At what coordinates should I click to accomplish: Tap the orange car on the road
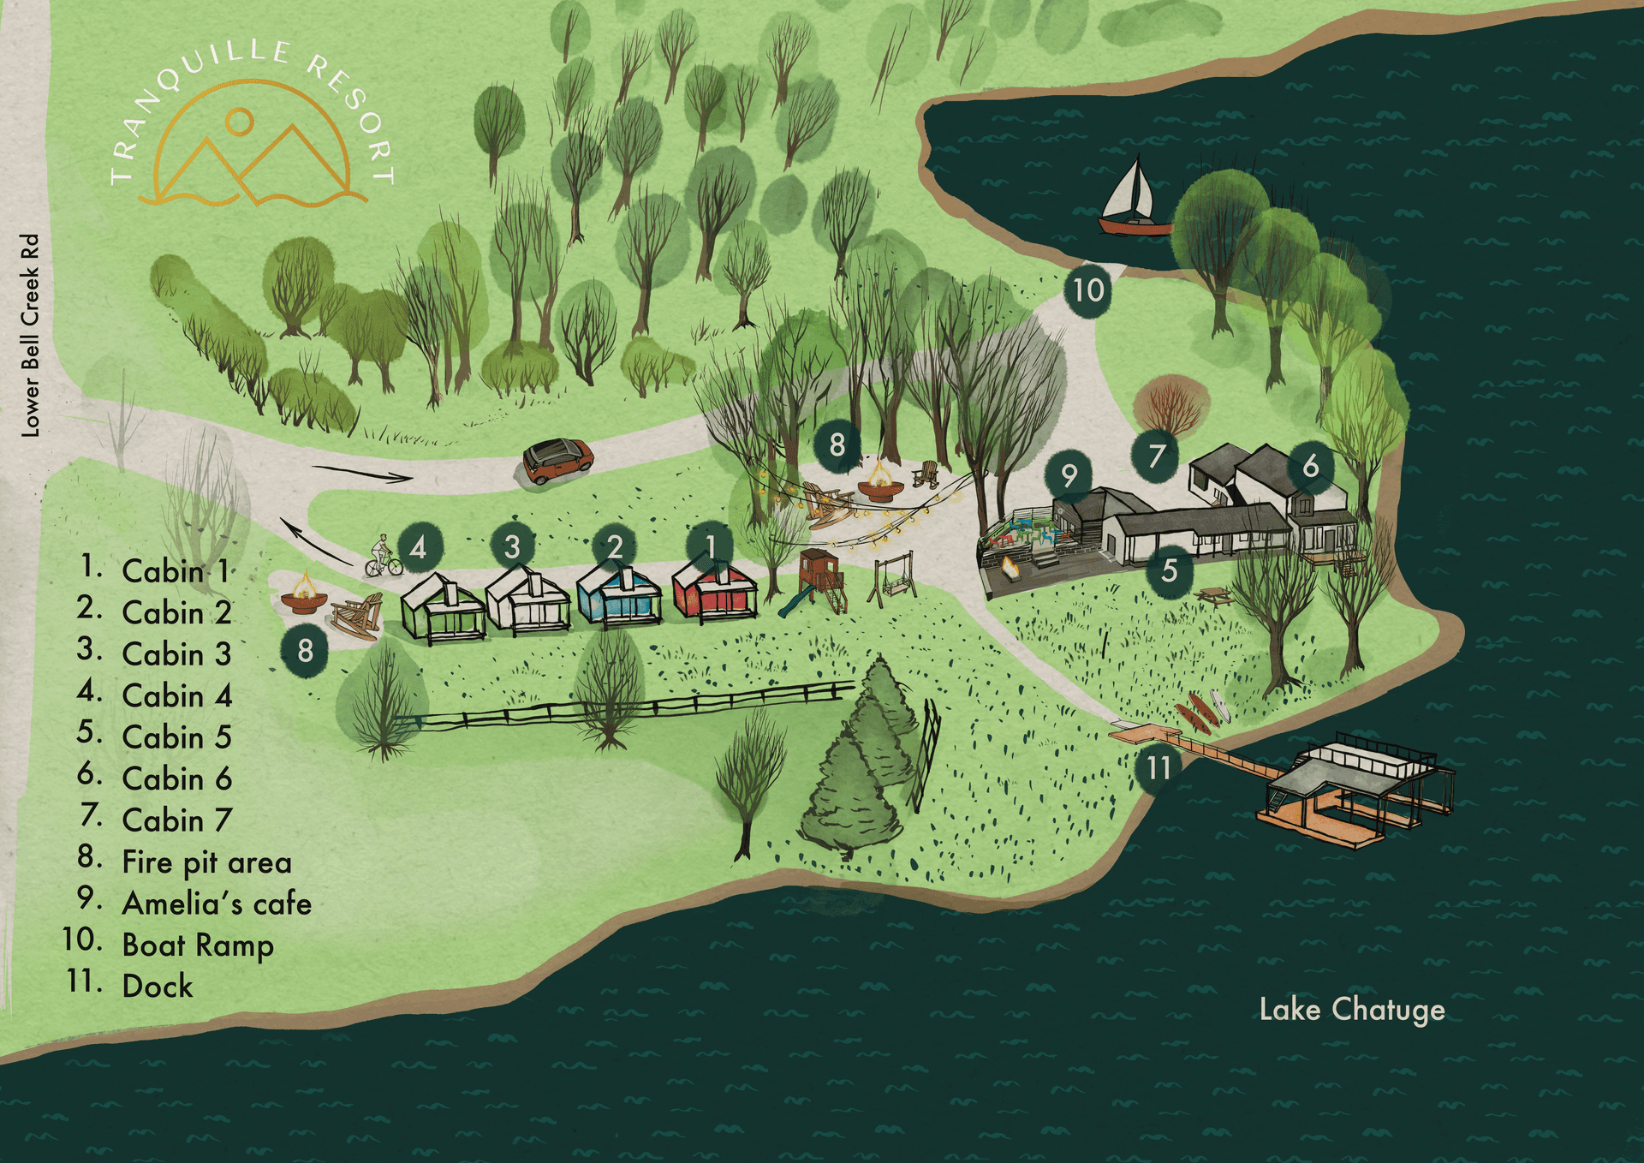pyautogui.click(x=557, y=460)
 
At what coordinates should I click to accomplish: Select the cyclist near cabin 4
pyautogui.click(x=383, y=557)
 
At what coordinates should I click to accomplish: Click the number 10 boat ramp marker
pyautogui.click(x=1088, y=290)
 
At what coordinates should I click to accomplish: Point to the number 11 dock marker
pyautogui.click(x=1158, y=767)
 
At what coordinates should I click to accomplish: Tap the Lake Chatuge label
pyautogui.click(x=1351, y=1010)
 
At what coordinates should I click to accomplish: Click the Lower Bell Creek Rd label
pyautogui.click(x=31, y=335)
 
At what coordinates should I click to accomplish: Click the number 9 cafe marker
pyautogui.click(x=1069, y=475)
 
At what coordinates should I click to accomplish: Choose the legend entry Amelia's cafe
pyautogui.click(x=217, y=904)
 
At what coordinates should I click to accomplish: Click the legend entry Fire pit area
pyautogui.click(x=206, y=862)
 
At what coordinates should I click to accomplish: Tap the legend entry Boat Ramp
pyautogui.click(x=198, y=945)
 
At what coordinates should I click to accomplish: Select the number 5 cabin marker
pyautogui.click(x=1169, y=570)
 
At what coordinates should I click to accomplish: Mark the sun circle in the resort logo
pyautogui.click(x=240, y=122)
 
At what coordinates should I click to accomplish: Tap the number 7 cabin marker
pyautogui.click(x=1156, y=455)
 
